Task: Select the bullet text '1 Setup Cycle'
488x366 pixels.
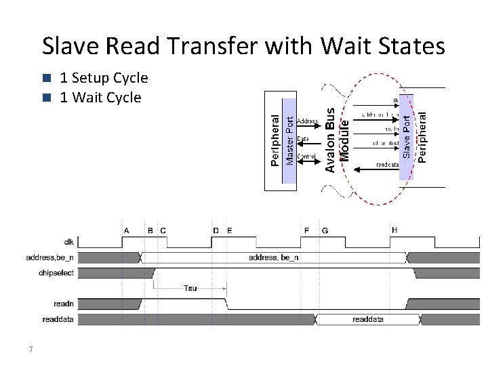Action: [104, 78]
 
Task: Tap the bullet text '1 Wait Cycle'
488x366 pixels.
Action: [100, 98]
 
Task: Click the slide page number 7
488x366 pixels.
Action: [31, 350]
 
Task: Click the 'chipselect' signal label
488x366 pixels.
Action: [58, 273]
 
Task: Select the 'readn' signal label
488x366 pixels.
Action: [64, 304]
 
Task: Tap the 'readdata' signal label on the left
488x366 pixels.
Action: [58, 319]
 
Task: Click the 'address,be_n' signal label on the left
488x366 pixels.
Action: [50, 258]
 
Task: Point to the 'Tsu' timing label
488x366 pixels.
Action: [190, 288]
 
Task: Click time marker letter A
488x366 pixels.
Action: [126, 230]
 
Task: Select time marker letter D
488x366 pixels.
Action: [216, 230]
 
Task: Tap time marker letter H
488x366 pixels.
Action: [394, 230]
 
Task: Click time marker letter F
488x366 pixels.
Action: [306, 230]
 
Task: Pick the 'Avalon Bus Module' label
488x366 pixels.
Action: [337, 139]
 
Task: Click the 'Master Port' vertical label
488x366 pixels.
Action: [289, 140]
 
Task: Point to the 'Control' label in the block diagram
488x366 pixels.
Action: [306, 156]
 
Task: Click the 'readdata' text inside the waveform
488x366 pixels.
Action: [367, 319]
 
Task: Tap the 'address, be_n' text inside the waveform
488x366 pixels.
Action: [273, 258]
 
